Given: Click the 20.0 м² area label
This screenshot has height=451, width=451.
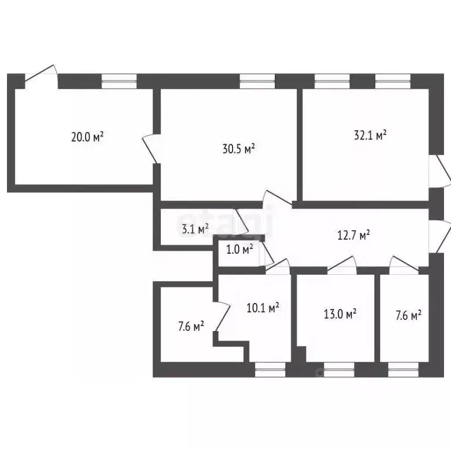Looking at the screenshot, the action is pos(87,137).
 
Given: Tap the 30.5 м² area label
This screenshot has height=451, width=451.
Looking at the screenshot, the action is pos(239,149).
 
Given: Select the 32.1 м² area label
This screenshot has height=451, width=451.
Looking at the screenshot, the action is pos(370,135).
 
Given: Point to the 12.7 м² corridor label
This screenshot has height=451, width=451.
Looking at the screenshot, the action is pos(354,235).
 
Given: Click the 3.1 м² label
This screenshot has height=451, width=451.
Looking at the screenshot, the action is pos(196,229).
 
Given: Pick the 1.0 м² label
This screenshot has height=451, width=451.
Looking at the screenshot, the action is pos(240,249).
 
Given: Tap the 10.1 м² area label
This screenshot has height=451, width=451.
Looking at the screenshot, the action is pos(263,308).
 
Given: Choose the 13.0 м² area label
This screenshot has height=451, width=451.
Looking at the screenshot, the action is pos(340,314).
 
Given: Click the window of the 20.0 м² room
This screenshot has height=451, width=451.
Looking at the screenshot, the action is pos(119,81).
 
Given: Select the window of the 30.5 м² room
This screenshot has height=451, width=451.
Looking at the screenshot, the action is pos(257,81).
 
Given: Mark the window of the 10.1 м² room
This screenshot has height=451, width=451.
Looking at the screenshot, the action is pos(270,369).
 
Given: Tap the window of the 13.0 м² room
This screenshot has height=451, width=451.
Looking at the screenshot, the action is pos(339,369).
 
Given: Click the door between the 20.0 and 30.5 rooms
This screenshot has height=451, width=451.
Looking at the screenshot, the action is pos(150,149).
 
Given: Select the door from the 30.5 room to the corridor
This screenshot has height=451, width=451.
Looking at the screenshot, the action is pos(278,198).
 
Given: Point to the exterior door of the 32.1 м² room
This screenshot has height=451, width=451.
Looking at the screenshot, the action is pos(440,171).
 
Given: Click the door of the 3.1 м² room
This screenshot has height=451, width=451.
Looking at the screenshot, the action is pos(241,221).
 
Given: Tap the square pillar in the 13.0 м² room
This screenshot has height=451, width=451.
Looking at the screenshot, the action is pos(301,354).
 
